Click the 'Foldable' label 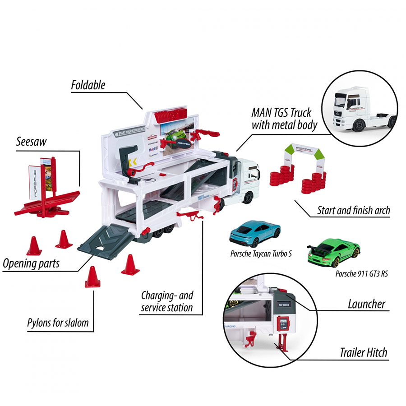click(88, 85)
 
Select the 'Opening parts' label click(31, 263)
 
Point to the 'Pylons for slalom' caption click(57, 323)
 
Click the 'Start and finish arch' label click(353, 210)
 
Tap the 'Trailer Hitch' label click(363, 352)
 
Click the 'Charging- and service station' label click(166, 302)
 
